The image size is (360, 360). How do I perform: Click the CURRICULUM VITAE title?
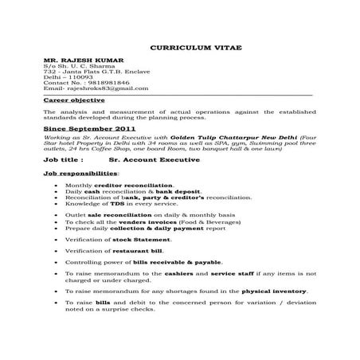click(x=180, y=48)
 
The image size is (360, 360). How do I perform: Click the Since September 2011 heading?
click(x=90, y=127)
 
